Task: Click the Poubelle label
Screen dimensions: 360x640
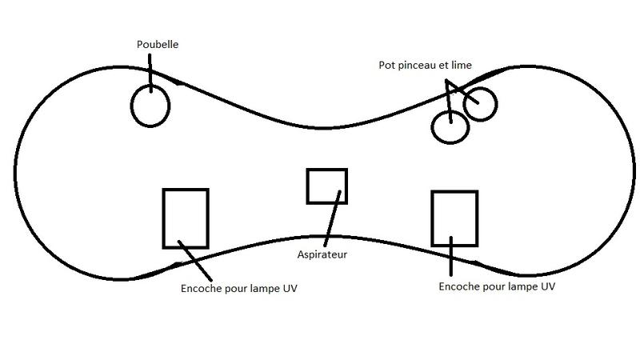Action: tap(157, 46)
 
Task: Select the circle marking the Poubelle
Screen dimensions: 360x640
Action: tap(150, 106)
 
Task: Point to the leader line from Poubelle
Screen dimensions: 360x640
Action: tap(149, 76)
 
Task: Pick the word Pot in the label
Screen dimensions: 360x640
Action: tap(387, 65)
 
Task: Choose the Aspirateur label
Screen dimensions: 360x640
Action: tap(323, 255)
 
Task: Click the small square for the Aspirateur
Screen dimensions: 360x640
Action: tap(327, 186)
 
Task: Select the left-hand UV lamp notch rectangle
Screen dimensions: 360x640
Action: tap(186, 218)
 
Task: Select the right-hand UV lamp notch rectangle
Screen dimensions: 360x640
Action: tap(454, 218)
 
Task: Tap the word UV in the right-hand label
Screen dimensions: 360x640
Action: tap(547, 286)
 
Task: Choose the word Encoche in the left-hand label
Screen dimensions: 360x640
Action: tap(203, 288)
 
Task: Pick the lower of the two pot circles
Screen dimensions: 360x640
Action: tap(450, 126)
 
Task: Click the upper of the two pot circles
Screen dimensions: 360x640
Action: tap(481, 103)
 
